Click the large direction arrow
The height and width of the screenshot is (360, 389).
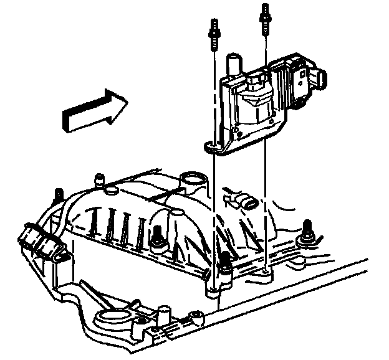coord(93,110)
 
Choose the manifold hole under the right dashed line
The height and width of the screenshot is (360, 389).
coord(267,271)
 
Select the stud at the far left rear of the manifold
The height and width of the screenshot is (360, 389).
coord(59,194)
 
